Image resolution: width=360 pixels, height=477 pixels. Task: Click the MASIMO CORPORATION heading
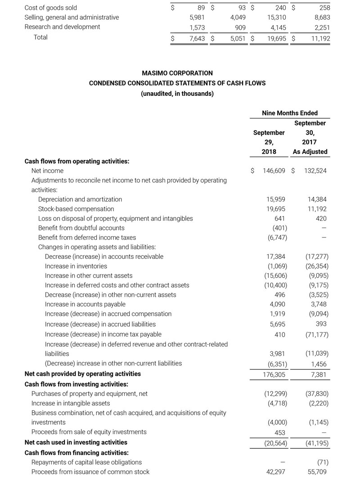coord(177,73)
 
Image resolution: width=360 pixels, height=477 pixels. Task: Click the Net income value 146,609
coord(274,171)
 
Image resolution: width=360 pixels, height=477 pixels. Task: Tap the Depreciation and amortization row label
coord(80,199)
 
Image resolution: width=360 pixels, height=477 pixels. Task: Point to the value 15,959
coord(277,199)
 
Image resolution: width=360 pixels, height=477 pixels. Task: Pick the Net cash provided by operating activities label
coord(82,374)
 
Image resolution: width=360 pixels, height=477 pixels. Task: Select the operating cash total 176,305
coord(274,374)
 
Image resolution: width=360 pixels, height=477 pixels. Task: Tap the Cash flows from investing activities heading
coord(76,384)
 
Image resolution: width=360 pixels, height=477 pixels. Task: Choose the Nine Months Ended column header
coord(289,113)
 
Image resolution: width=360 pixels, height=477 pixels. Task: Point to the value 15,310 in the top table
coord(275,18)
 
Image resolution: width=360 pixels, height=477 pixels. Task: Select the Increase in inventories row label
coord(76,266)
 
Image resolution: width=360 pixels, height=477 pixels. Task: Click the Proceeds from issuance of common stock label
coord(90,472)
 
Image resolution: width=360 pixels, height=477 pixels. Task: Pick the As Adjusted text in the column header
coord(310,152)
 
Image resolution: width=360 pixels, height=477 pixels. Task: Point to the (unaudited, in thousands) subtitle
coord(177,94)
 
